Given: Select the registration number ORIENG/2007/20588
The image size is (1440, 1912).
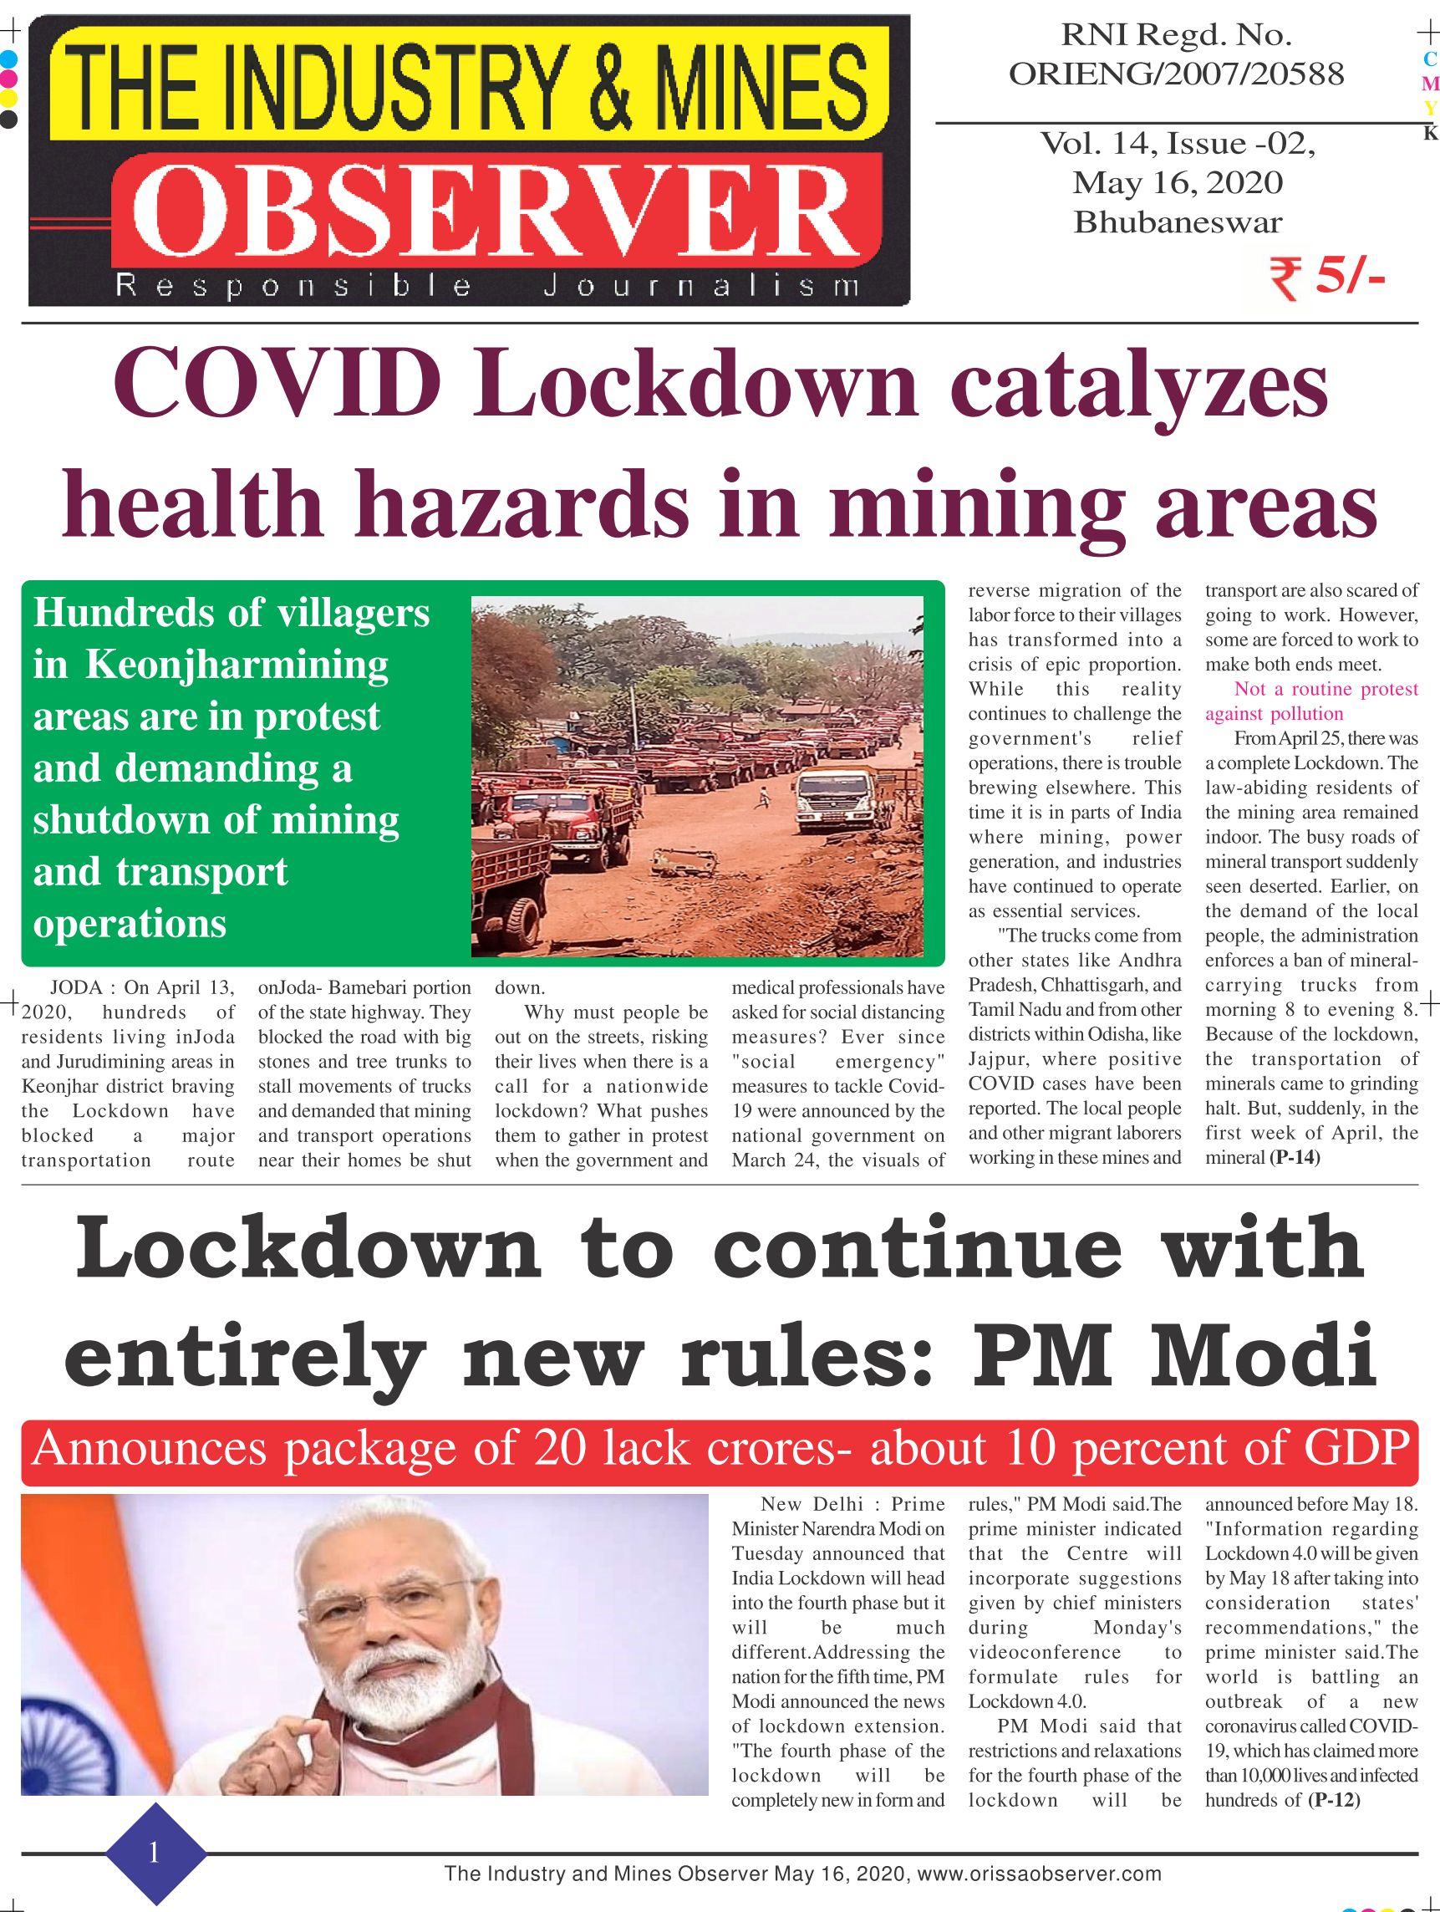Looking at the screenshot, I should pos(1177,75).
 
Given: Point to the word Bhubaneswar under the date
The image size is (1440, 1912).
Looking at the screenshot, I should pos(1178,222).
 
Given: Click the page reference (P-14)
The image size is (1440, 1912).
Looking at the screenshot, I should pos(1294,1157).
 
